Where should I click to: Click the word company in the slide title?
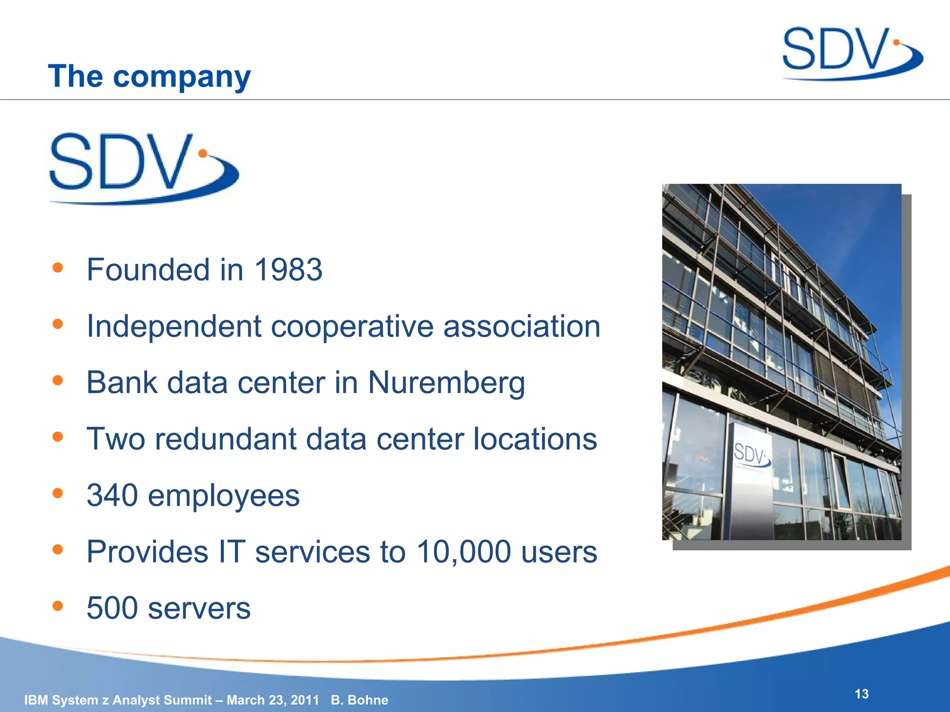182,77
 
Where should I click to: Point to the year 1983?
288,270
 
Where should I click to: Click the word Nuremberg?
446,383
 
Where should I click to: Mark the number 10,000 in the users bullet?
463,552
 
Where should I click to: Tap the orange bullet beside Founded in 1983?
58,267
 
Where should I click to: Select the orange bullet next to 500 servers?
58,606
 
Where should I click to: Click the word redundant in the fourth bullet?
225,439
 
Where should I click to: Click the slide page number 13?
861,694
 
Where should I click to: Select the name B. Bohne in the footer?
359,700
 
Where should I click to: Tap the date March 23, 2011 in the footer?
273,700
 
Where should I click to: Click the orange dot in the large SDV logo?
203,153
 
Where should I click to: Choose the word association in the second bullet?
521,326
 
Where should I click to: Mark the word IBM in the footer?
35,700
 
